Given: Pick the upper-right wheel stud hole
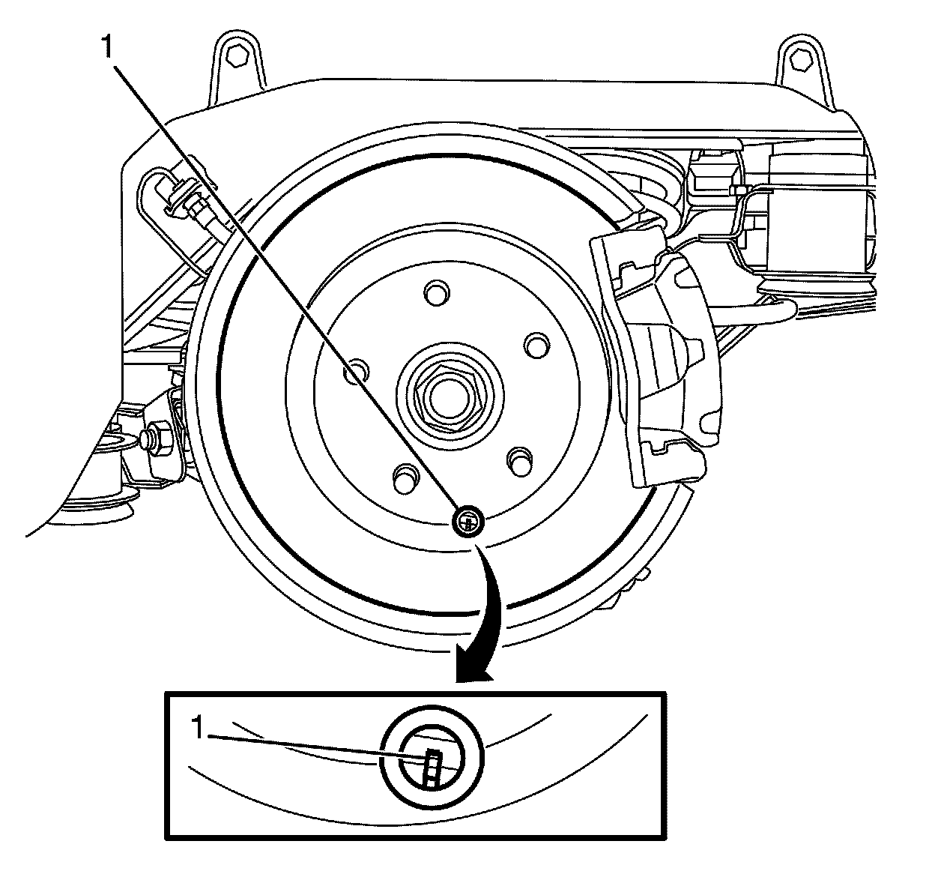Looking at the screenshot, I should click(535, 344).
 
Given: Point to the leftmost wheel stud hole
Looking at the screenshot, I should click(355, 370).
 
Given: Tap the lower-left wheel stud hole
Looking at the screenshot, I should click(405, 474).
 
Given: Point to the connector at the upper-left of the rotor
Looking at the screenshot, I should click(187, 201).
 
